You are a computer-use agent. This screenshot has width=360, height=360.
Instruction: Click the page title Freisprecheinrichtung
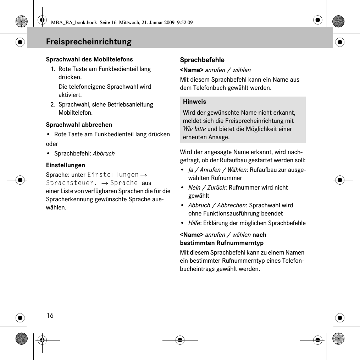(x=88, y=42)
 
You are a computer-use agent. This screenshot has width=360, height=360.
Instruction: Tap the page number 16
(x=50, y=315)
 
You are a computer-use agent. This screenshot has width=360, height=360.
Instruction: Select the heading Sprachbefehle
(x=202, y=60)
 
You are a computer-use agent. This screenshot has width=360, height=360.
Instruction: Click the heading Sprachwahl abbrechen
(x=79, y=125)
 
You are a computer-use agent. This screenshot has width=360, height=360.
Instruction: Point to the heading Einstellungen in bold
(x=66, y=165)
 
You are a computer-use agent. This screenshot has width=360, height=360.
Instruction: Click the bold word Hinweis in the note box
(x=194, y=102)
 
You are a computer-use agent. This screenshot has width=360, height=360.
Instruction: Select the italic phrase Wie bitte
(x=194, y=129)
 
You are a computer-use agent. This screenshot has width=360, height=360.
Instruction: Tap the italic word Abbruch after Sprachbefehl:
(x=104, y=153)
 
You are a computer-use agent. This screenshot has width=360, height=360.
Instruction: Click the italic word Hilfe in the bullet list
(x=194, y=223)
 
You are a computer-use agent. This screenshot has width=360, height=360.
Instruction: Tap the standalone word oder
(x=52, y=144)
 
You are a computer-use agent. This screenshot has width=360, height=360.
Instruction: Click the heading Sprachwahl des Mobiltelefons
(x=89, y=59)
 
